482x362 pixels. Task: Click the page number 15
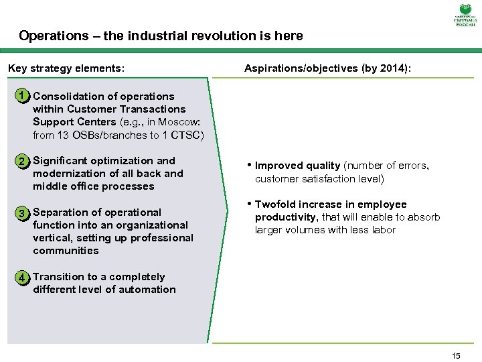pyautogui.click(x=456, y=356)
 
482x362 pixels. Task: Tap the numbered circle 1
pyautogui.click(x=23, y=97)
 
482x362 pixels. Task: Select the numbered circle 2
pyautogui.click(x=23, y=162)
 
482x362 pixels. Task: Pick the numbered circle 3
pyautogui.click(x=23, y=213)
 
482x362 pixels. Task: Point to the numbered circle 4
pyautogui.click(x=23, y=278)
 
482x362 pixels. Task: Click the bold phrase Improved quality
pyautogui.click(x=297, y=166)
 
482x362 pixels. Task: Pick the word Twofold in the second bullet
pyautogui.click(x=276, y=204)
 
